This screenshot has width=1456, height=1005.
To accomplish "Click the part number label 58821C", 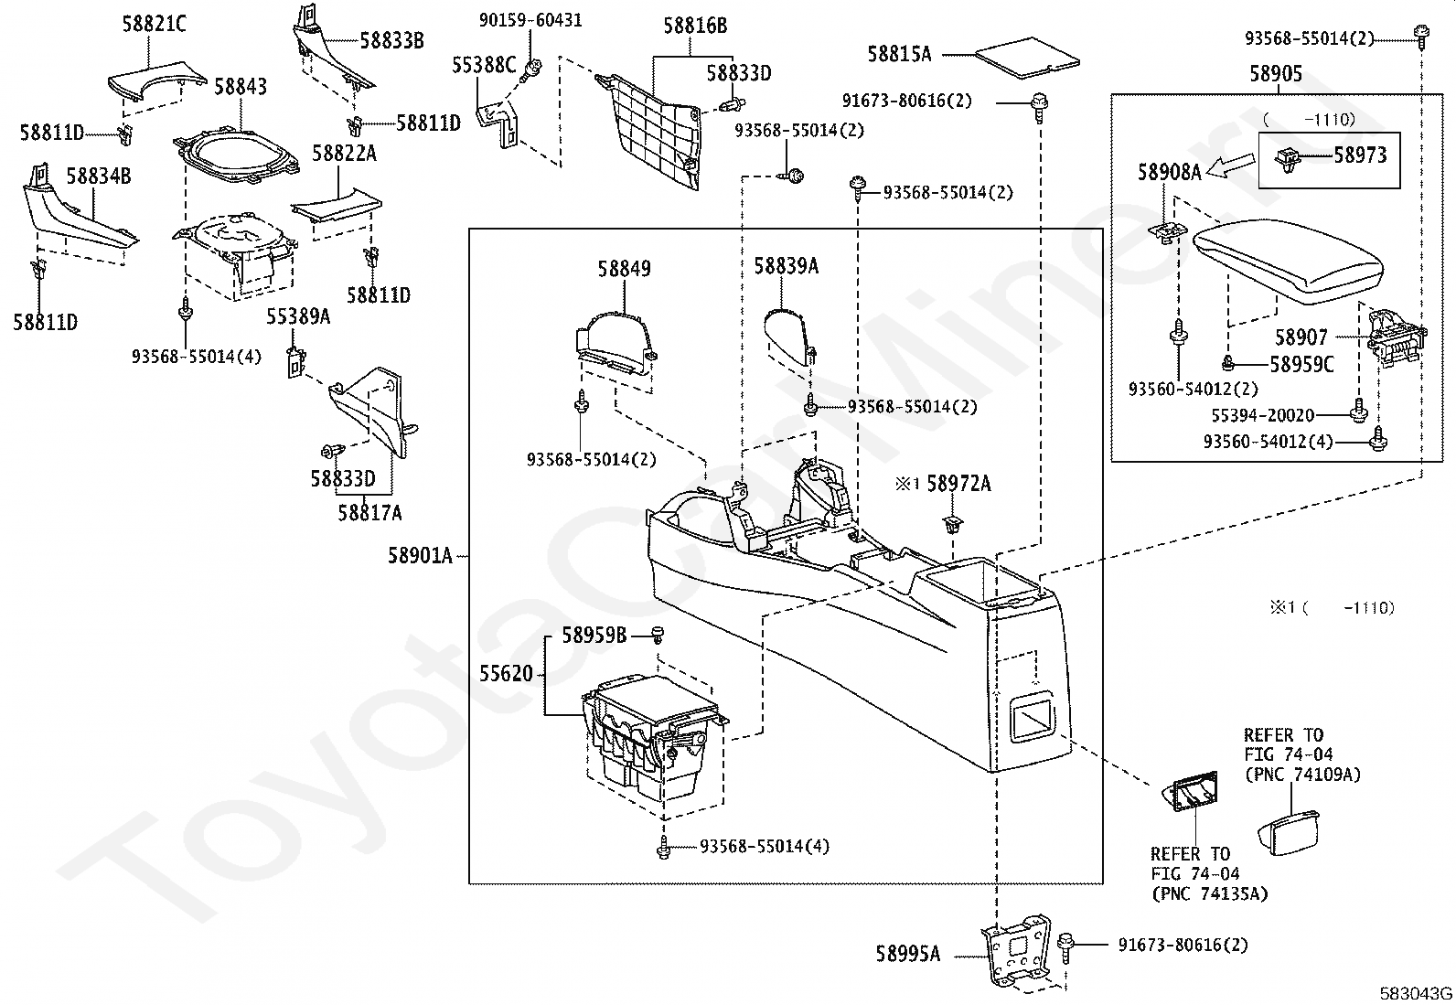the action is (154, 24).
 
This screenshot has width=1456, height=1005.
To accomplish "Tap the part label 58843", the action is (241, 87).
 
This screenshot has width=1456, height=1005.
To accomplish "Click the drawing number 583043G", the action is (1415, 993).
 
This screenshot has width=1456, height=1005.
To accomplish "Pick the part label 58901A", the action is (420, 556).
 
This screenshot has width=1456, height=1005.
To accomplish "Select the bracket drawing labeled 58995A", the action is (1016, 951).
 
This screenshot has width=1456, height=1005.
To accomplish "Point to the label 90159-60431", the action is (530, 20).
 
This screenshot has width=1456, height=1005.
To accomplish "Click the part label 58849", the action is (624, 269).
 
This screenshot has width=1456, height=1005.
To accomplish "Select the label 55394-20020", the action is (1262, 415).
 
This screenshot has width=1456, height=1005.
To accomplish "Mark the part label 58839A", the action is (786, 266).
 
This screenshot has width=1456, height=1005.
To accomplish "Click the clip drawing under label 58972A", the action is (952, 524).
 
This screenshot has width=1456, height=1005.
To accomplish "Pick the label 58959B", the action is (594, 636).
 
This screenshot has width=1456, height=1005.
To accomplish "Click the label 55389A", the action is (298, 316).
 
